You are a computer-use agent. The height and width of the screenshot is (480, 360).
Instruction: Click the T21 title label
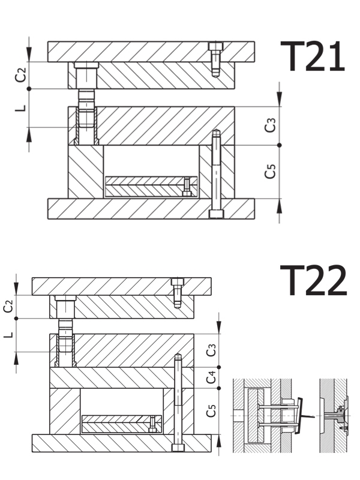(x=313, y=56)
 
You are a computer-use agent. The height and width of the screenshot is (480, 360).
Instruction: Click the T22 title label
(x=314, y=280)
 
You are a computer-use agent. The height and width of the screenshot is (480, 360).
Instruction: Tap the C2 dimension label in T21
(x=20, y=75)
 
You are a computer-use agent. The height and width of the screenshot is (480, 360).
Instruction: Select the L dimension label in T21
(x=20, y=108)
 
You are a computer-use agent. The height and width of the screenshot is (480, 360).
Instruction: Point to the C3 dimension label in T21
(x=271, y=125)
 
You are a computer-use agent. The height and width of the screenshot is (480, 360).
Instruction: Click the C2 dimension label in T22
(x=8, y=306)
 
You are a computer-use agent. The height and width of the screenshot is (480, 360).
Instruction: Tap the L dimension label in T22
(x=8, y=335)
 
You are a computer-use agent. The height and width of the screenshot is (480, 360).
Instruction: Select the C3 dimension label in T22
(x=212, y=350)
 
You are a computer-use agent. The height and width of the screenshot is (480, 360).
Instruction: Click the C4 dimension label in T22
(x=212, y=377)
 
